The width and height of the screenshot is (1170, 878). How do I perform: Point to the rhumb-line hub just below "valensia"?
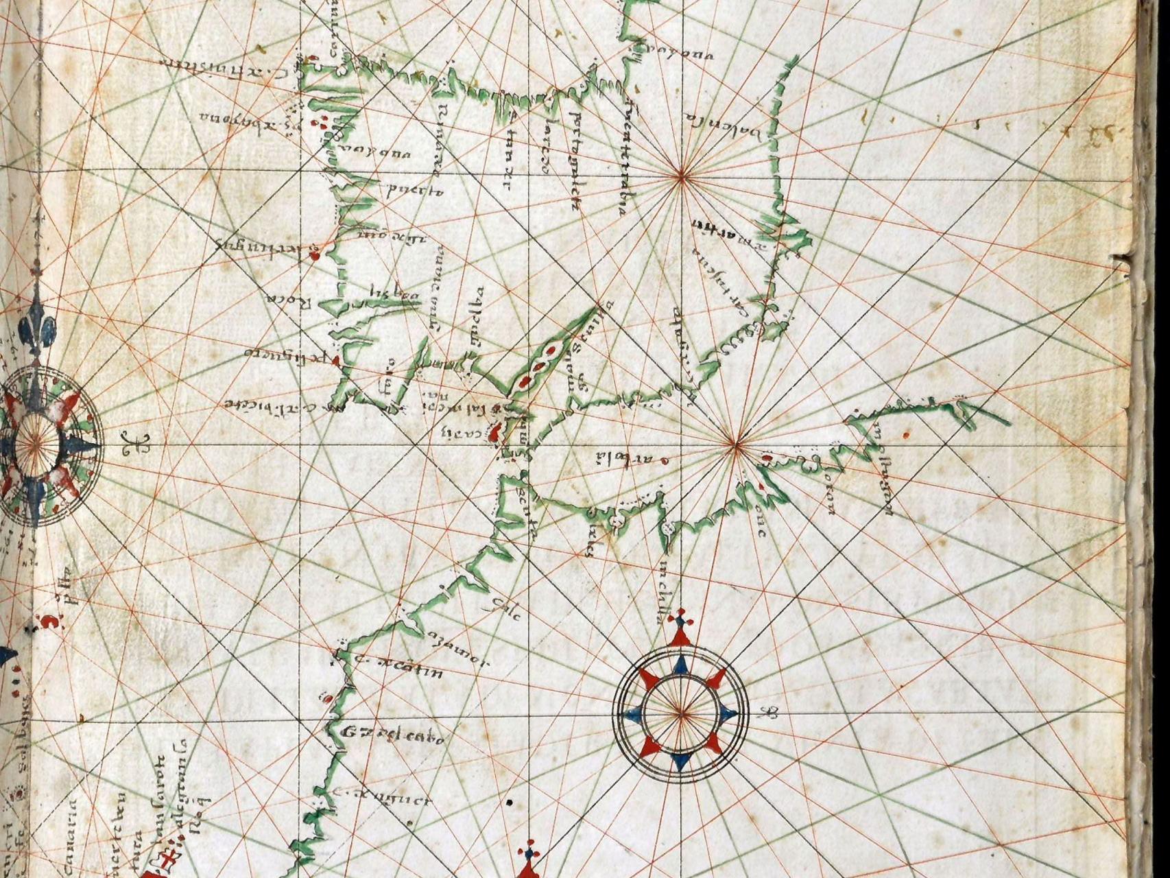pos(681,178)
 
